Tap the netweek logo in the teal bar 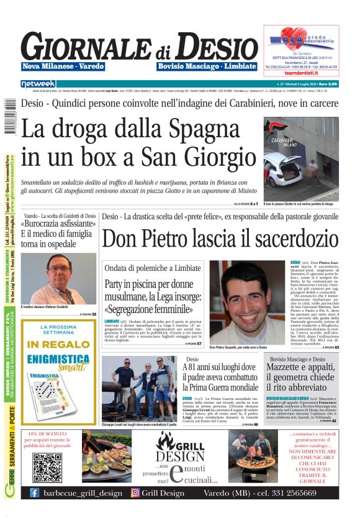38,83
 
